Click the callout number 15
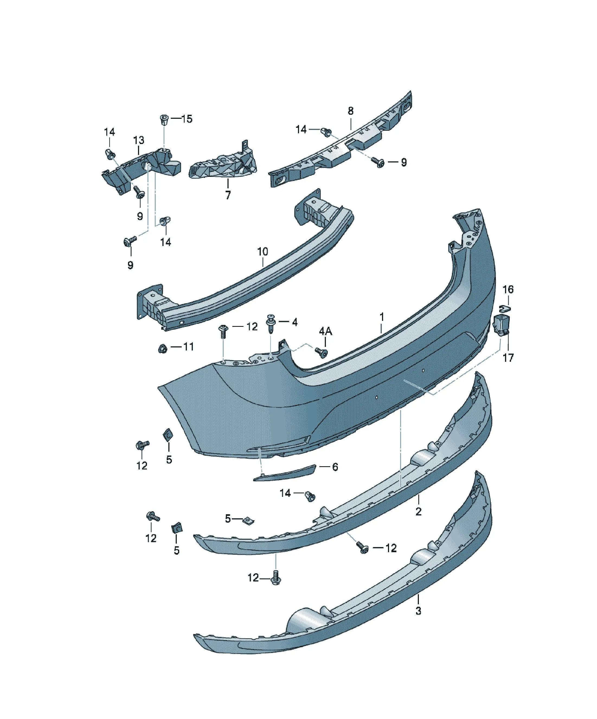[187, 119]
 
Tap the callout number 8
[351, 111]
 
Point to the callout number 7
[228, 195]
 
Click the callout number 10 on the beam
[262, 252]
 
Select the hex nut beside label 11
[163, 349]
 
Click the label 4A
[326, 331]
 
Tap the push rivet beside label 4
[271, 322]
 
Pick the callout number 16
[508, 289]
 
